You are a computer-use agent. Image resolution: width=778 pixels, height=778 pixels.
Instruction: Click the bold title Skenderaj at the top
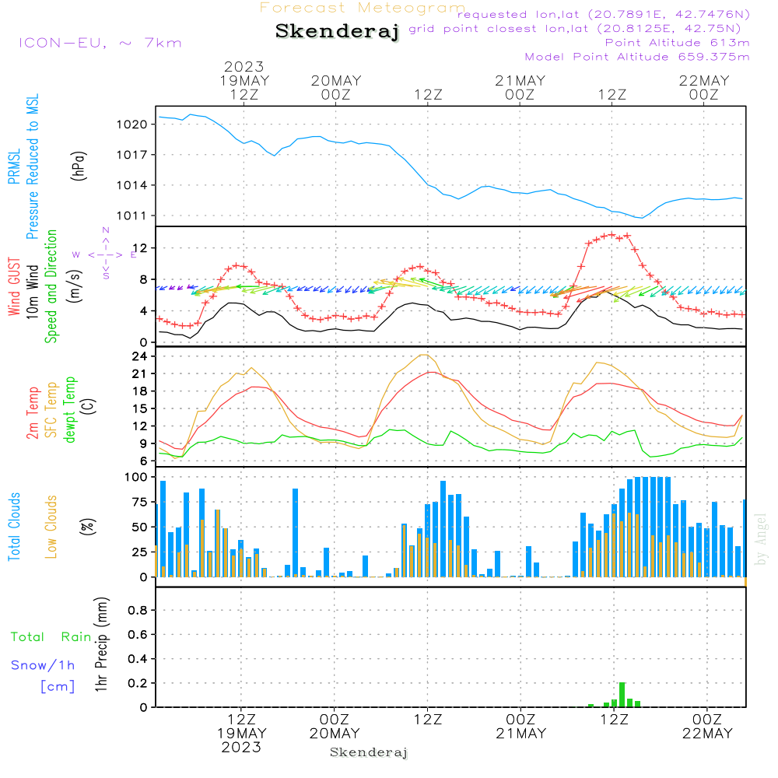tap(337, 31)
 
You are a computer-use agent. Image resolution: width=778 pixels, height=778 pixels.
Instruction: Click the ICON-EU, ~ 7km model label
tap(100, 43)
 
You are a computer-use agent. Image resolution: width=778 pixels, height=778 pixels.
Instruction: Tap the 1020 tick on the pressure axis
tap(132, 124)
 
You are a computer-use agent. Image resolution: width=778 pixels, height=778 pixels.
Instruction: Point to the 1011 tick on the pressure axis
tap(132, 216)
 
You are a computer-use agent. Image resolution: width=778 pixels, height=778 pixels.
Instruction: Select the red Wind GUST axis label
tap(14, 286)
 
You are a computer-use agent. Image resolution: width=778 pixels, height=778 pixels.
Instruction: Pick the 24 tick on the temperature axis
tap(140, 356)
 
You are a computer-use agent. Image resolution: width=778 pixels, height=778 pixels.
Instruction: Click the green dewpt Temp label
tap(70, 409)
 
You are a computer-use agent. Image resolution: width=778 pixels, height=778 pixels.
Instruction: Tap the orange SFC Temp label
tap(51, 410)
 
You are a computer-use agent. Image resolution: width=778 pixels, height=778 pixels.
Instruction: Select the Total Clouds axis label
tap(14, 527)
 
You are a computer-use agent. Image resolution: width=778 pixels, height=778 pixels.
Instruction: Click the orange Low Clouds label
tap(51, 527)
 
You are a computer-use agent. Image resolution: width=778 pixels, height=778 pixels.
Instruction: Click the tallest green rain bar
tap(622, 695)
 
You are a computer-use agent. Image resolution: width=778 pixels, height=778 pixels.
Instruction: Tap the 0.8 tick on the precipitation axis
tap(138, 610)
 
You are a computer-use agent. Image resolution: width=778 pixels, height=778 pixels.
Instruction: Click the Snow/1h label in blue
tap(43, 665)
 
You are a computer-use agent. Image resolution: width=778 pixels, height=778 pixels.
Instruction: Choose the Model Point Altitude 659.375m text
tap(637, 57)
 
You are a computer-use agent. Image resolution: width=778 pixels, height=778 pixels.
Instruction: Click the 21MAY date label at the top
tap(520, 81)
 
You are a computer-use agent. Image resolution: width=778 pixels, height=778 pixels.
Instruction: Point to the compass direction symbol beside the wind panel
tap(105, 254)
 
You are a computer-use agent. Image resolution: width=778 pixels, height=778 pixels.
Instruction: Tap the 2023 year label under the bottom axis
tap(241, 747)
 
